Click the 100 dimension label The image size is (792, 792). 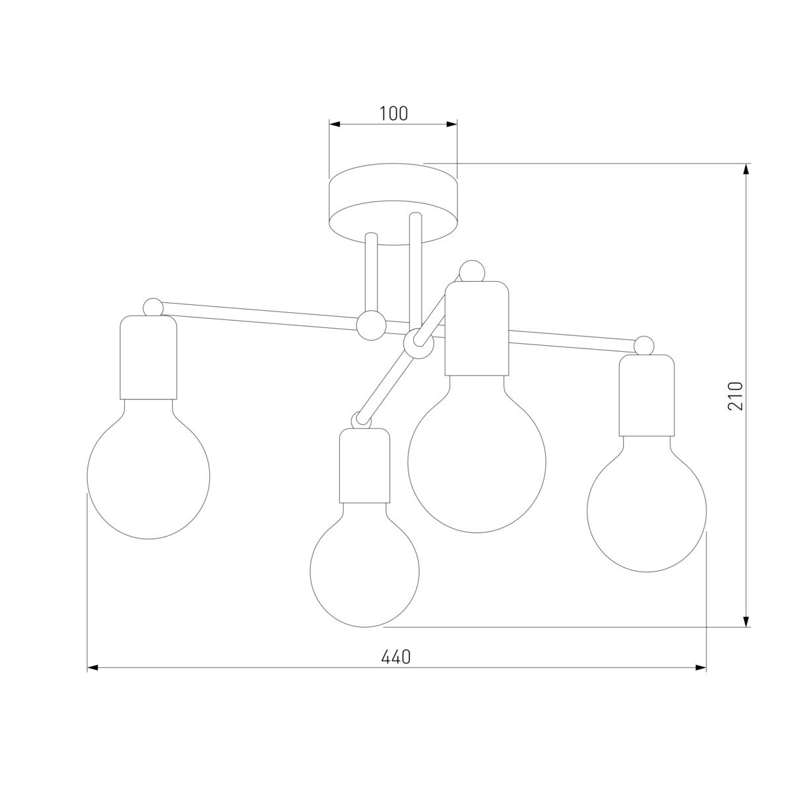click(393, 114)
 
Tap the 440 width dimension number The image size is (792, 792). click(396, 657)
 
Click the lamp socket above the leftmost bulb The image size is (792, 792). click(148, 357)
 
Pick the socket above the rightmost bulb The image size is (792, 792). click(647, 395)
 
